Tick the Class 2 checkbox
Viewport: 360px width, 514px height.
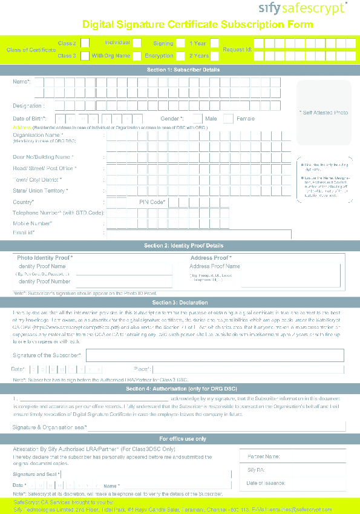pyautogui.click(x=85, y=43)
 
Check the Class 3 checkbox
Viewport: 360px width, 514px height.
pyautogui.click(x=85, y=56)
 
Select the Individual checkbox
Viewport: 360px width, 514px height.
pyautogui.click(x=137, y=43)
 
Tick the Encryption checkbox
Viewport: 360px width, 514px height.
pyautogui.click(x=180, y=56)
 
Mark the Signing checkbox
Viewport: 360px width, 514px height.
pyautogui.click(x=180, y=43)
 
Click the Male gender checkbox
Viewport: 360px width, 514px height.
pyautogui.click(x=197, y=119)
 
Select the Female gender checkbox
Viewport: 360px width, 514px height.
pyautogui.click(x=228, y=119)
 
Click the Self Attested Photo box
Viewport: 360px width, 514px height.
pyautogui.click(x=324, y=113)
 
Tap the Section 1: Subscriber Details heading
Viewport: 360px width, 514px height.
pyautogui.click(x=180, y=70)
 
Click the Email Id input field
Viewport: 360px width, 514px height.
pyautogui.click(x=198, y=233)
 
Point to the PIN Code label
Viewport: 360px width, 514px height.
pyautogui.click(x=152, y=202)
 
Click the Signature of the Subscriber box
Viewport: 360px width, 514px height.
pyautogui.click(x=215, y=355)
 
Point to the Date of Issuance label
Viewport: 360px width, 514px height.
pyautogui.click(x=266, y=483)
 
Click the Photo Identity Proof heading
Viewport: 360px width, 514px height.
pyautogui.click(x=45, y=258)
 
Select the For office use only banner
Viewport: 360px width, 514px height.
pyautogui.click(x=180, y=438)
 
